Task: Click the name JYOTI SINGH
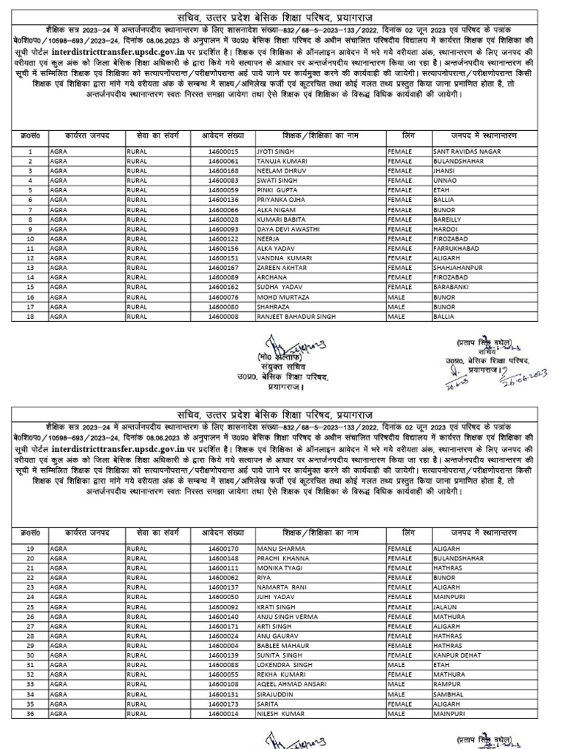click(x=275, y=151)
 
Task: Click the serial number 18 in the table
click(x=31, y=316)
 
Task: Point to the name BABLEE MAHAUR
click(x=282, y=646)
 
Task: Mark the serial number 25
click(x=31, y=607)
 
